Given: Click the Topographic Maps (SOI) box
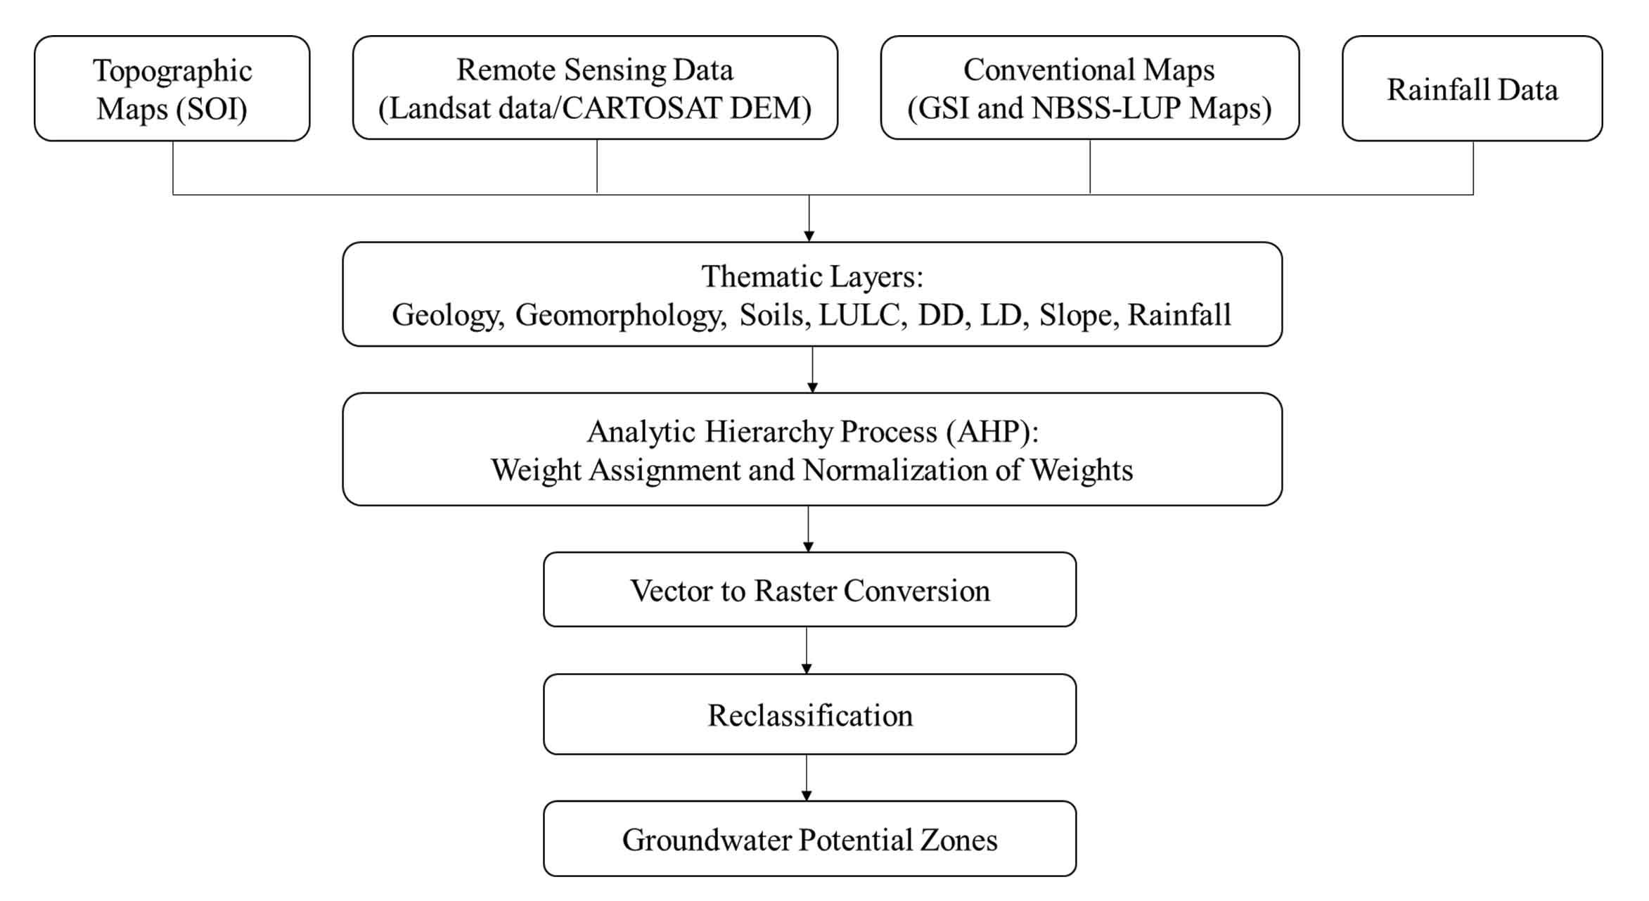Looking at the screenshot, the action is point(172,89).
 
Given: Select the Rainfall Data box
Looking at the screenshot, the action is point(1472,89).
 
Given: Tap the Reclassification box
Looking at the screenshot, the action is point(809,715).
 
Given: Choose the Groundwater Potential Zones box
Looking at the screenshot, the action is point(809,838).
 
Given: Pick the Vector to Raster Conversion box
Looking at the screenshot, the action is point(809,589).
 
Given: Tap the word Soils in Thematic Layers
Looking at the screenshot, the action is point(775,314).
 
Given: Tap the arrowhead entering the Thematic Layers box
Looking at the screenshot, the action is point(809,236).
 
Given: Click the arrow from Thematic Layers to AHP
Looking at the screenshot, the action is point(812,370).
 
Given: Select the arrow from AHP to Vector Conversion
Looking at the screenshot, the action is point(808,529).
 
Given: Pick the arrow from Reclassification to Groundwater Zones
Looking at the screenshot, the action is point(807,778).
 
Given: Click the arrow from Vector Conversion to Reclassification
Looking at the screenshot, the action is point(807,651).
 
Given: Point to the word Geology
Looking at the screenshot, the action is point(448,315).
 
